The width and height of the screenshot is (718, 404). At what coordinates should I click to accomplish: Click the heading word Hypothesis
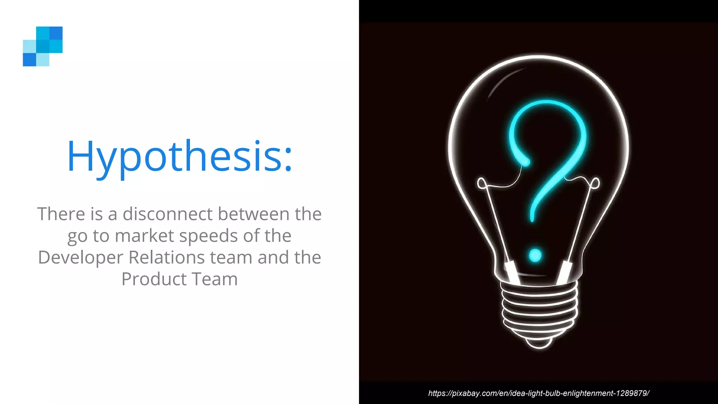pos(175,156)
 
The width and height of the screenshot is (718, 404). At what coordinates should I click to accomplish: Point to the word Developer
pos(80,258)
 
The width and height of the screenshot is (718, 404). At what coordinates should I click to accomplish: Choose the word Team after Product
pos(215,279)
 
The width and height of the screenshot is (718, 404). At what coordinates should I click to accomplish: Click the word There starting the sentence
pos(61,214)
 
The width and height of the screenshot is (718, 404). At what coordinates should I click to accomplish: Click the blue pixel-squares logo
pos(43,46)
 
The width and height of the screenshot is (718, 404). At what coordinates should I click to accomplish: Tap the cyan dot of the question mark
pos(535,255)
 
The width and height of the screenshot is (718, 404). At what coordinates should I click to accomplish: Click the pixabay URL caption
pos(538,393)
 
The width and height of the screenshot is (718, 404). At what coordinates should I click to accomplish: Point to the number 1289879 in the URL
pos(631,393)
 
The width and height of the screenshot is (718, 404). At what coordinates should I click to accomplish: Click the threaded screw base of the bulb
pos(539,309)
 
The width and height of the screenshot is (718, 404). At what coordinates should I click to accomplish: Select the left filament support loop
pos(482,183)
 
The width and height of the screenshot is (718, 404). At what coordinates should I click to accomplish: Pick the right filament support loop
pos(595,183)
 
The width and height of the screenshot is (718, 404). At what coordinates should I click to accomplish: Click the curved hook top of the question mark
pos(547,109)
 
